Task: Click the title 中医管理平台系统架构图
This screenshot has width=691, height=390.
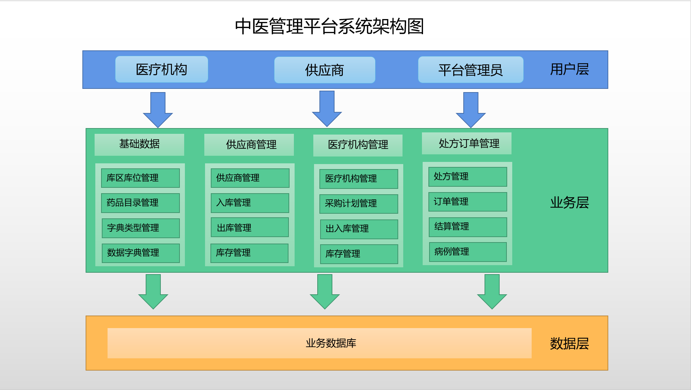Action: click(329, 26)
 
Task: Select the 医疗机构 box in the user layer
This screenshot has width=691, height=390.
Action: click(162, 69)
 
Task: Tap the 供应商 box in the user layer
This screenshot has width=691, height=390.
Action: click(324, 70)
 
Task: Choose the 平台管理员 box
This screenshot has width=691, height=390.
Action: click(470, 70)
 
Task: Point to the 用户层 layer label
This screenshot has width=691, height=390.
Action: click(569, 69)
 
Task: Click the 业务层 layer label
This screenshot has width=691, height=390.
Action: click(569, 203)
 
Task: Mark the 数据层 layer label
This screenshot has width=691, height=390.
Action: click(569, 344)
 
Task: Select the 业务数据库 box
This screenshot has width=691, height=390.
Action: click(319, 343)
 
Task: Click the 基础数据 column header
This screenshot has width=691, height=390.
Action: click(139, 145)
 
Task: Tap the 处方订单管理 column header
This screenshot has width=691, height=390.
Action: click(467, 144)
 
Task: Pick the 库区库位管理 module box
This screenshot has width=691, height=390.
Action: click(140, 178)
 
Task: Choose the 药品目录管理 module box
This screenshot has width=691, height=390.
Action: click(140, 203)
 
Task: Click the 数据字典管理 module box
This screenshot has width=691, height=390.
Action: click(141, 253)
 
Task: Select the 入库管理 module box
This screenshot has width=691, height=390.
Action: click(250, 203)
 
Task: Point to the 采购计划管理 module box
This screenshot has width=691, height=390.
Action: click(359, 204)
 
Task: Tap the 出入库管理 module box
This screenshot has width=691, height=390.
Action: click(359, 229)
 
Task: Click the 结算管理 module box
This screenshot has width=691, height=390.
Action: click(468, 227)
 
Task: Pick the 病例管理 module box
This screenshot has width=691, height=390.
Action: click(468, 252)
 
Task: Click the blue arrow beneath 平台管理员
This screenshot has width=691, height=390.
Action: click(470, 110)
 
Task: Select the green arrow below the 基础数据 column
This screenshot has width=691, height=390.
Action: click(153, 292)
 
